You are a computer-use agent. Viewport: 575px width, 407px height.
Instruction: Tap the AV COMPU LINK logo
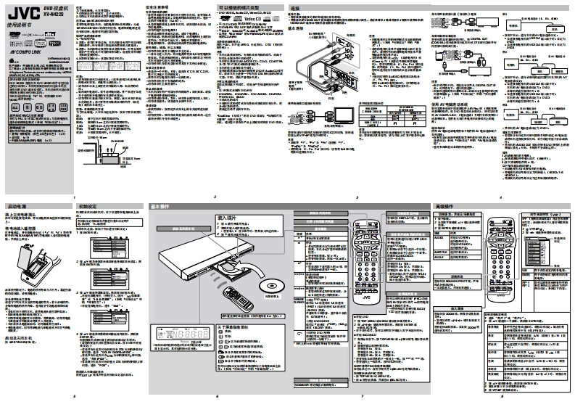click(x=25, y=53)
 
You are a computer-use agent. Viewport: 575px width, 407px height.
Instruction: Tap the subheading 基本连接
click(x=296, y=28)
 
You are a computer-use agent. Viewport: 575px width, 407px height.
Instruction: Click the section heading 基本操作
click(x=161, y=207)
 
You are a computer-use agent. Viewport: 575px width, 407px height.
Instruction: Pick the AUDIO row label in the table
click(x=439, y=237)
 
